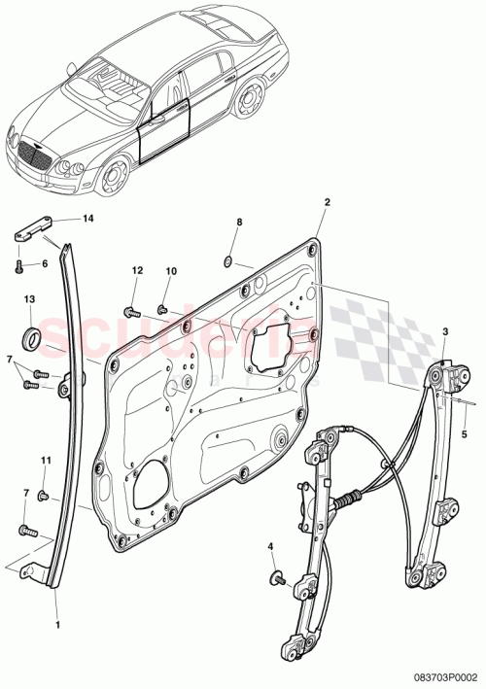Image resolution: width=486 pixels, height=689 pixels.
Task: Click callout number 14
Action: tap(88, 219)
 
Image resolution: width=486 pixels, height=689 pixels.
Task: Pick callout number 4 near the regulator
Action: tap(270, 548)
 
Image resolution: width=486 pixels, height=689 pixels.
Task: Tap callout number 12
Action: tap(137, 270)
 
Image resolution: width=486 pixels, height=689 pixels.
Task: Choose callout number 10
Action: tap(170, 270)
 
